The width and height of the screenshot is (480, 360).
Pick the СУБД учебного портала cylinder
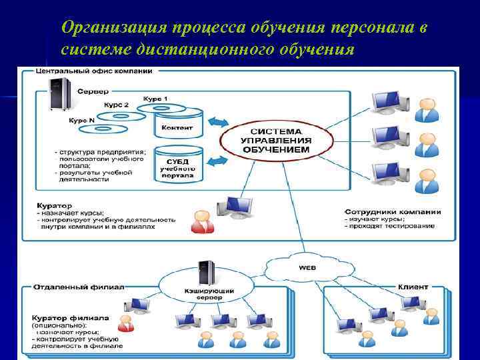pos(177,163)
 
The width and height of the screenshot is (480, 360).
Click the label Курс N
pos(82,121)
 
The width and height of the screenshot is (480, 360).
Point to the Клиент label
pos(413,287)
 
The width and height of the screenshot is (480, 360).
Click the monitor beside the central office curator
pos(237,209)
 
